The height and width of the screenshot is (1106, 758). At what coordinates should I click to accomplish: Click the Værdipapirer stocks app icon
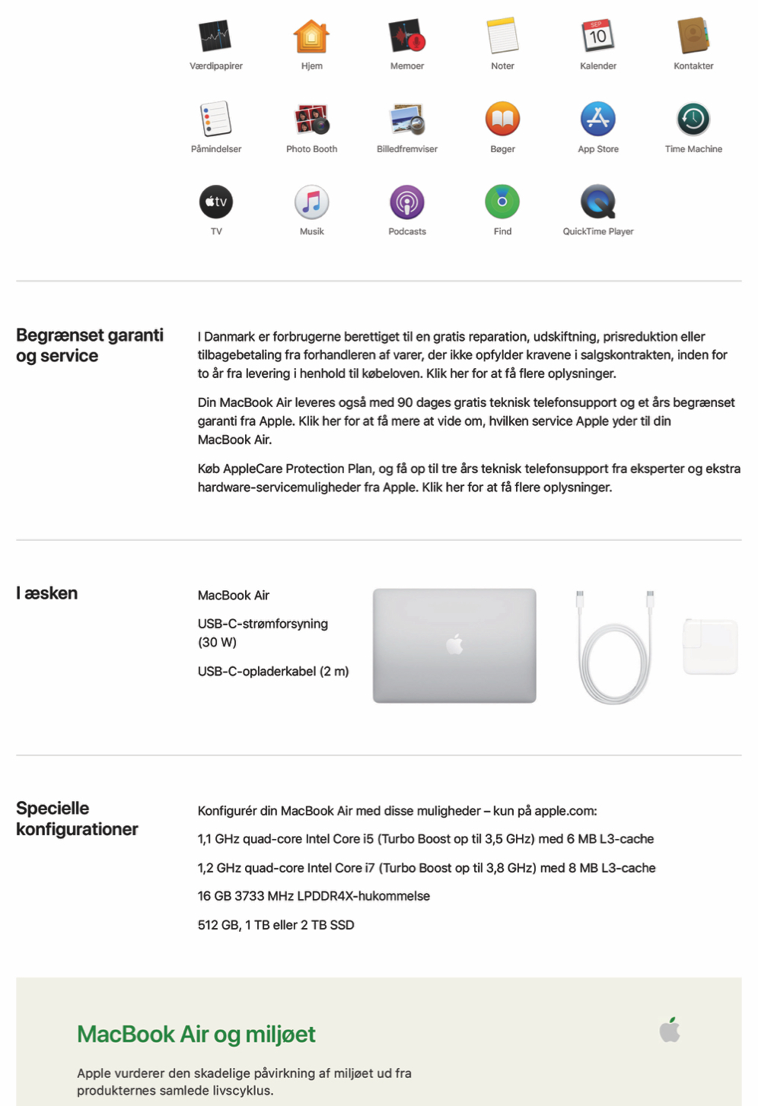215,36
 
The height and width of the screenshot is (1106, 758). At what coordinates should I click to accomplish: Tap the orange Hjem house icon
311,36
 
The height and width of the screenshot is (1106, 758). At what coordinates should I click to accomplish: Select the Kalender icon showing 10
598,36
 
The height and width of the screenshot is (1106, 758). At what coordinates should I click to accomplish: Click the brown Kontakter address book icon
693,36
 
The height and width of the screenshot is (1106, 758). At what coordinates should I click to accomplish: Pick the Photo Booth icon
311,119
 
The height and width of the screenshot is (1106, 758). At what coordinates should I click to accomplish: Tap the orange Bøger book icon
502,119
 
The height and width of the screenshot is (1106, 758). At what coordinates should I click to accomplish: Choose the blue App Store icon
598,119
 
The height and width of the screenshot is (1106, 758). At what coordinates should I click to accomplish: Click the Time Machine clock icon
693,119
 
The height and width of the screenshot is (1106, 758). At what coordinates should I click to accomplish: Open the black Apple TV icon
216,202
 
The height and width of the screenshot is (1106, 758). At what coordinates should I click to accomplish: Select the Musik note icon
311,202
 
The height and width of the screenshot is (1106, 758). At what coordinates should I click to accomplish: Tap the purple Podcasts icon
407,202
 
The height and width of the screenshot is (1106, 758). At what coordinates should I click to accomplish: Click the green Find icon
502,202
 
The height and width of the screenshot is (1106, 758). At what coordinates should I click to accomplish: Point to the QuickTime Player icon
598,202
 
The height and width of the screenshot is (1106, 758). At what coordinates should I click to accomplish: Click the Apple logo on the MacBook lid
454,644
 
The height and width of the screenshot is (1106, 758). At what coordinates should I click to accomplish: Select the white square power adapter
710,647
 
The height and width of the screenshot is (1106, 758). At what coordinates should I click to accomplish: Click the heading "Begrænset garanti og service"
90,345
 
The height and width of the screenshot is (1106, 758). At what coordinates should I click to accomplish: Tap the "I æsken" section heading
47,593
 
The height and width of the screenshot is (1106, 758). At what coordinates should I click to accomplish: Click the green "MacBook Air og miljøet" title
196,1034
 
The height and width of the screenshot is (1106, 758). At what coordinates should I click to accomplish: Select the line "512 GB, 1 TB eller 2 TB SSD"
276,925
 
